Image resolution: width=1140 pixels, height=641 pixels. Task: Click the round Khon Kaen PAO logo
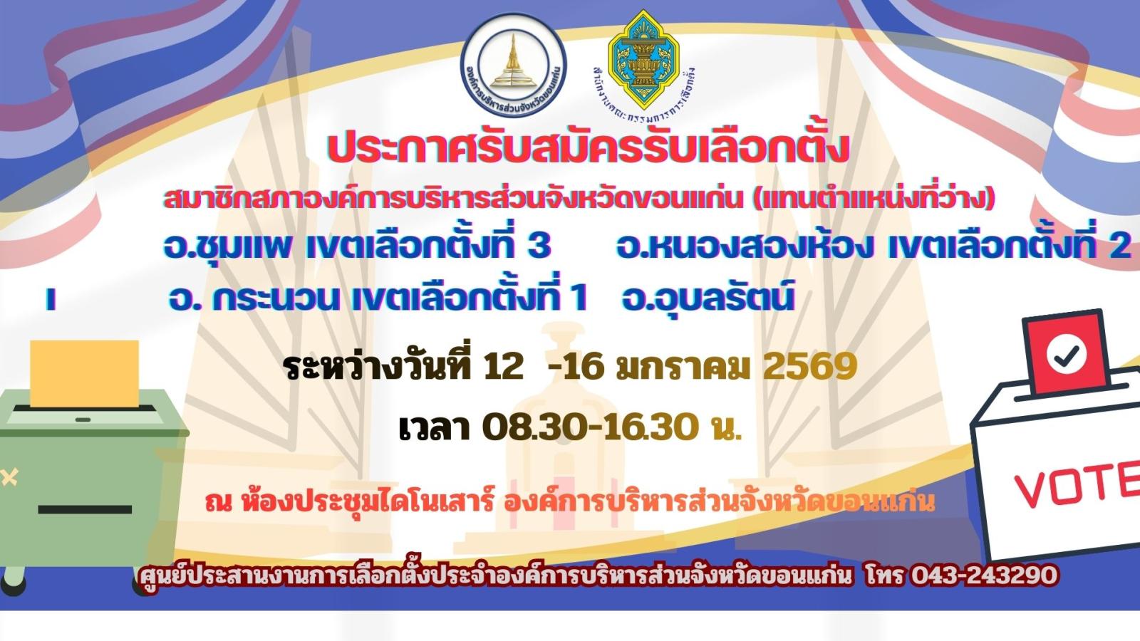tap(514, 65)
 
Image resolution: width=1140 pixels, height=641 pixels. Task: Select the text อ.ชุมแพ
tap(227, 246)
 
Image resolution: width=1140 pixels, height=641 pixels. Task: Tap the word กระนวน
tap(276, 298)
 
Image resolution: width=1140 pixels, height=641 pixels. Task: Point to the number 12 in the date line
tap(503, 366)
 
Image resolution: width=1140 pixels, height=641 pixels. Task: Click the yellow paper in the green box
tap(85, 374)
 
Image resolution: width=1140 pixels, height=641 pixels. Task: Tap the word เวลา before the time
tap(434, 429)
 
